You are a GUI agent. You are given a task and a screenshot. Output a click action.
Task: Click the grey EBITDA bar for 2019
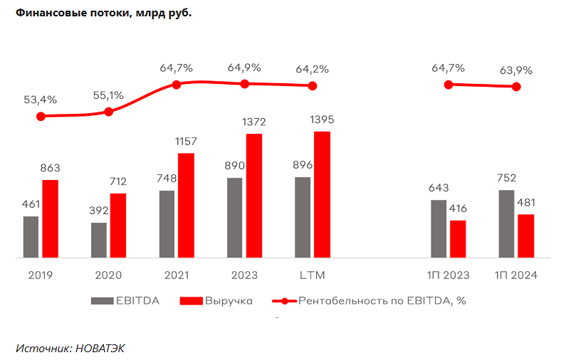click(31, 236)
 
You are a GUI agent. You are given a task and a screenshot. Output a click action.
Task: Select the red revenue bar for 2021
click(186, 205)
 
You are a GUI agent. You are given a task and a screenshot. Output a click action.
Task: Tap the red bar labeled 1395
click(322, 194)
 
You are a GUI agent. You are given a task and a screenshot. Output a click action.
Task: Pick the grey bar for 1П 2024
click(507, 223)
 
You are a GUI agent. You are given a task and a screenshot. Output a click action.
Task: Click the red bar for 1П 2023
click(458, 238)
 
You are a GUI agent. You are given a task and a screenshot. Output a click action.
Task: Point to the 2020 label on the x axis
click(108, 275)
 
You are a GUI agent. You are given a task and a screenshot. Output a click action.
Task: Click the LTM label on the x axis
click(312, 275)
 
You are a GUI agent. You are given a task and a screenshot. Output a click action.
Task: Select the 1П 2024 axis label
click(516, 275)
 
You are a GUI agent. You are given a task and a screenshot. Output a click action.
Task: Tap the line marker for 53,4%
click(41, 116)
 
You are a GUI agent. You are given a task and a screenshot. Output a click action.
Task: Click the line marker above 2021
click(177, 84)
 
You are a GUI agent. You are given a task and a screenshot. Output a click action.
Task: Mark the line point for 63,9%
click(516, 87)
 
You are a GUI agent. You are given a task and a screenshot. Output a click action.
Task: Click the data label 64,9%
click(244, 68)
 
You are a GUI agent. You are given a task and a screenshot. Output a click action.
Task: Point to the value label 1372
click(253, 122)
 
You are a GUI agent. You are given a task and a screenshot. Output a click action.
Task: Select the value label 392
click(99, 211)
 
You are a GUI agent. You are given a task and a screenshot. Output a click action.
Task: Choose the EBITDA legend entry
click(125, 301)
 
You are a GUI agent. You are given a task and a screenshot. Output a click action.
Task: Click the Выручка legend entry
click(216, 301)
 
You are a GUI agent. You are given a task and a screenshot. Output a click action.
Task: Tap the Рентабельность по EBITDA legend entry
click(370, 301)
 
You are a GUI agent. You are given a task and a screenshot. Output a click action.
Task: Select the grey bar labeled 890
click(235, 217)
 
